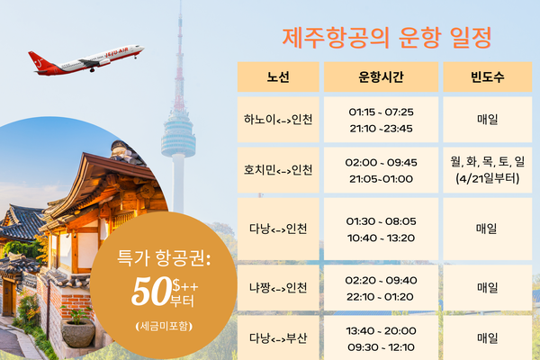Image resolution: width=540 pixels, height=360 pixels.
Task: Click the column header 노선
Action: pos(278,76)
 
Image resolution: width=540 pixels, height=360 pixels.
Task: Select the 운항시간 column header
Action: pos(381,76)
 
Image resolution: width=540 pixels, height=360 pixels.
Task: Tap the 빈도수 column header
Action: pos(487,76)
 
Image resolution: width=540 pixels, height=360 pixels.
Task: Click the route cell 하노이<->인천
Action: pos(278,120)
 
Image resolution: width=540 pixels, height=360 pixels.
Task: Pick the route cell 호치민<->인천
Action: pos(278,170)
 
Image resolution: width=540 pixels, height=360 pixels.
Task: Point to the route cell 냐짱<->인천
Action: pos(278,288)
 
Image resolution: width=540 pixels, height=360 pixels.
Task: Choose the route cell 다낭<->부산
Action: pos(278,338)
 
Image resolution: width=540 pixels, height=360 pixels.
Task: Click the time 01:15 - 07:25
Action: pos(381,112)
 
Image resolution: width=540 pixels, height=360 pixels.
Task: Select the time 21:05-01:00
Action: pos(381,179)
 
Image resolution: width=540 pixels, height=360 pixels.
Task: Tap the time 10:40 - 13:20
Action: pos(381,238)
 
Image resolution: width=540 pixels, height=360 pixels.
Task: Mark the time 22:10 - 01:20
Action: pos(381,297)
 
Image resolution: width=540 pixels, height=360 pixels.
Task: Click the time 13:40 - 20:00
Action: pos(381,330)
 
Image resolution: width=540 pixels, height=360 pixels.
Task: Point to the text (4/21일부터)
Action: pos(487,178)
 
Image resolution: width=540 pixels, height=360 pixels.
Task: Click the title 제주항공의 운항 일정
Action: pos(387,37)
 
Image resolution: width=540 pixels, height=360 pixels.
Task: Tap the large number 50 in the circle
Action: pos(151,292)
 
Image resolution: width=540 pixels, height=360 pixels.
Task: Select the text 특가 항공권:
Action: pos(164,257)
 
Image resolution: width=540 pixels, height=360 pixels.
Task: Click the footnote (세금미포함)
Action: pos(164,326)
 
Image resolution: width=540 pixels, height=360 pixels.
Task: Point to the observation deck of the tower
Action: pos(178,136)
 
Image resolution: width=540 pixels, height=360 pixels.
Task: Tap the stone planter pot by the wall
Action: pos(78,333)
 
